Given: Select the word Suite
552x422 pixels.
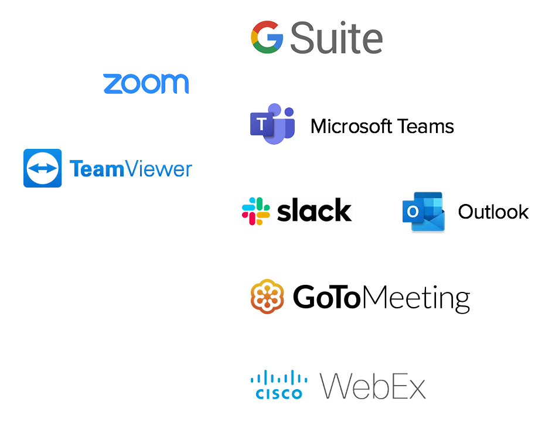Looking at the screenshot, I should (336, 38).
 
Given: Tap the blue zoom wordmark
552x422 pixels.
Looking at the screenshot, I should (146, 83).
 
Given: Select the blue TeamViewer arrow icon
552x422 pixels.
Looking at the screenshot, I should (42, 168).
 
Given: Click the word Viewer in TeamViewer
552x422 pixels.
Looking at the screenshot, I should (158, 169).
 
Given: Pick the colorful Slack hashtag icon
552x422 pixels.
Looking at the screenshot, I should (256, 211).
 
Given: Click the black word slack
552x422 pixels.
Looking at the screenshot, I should (314, 211).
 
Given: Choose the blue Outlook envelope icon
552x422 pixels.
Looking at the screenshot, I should (423, 212).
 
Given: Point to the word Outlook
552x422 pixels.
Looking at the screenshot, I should (493, 212).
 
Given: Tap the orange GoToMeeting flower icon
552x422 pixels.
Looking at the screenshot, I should (267, 297).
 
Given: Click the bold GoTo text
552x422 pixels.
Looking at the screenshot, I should (326, 297).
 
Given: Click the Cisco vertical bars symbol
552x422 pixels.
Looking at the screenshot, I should (279, 378).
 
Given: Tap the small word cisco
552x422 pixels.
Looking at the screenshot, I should (279, 394).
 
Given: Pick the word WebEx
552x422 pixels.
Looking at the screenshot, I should (373, 386).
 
